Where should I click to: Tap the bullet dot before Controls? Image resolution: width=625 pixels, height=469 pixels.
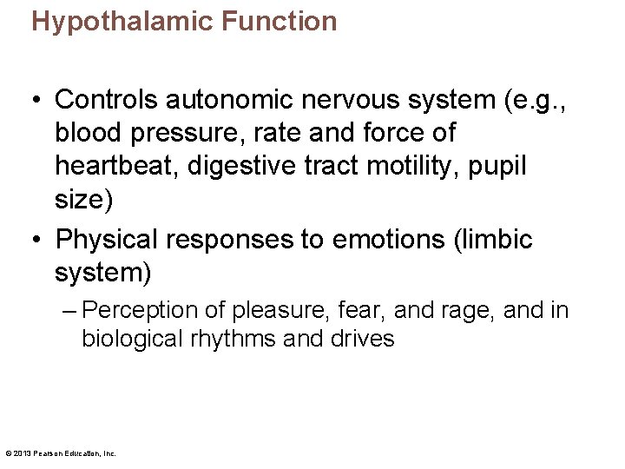(x=37, y=100)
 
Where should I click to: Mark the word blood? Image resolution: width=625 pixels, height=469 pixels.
(x=87, y=133)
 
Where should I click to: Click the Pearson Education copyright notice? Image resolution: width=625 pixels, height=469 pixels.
(x=61, y=453)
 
